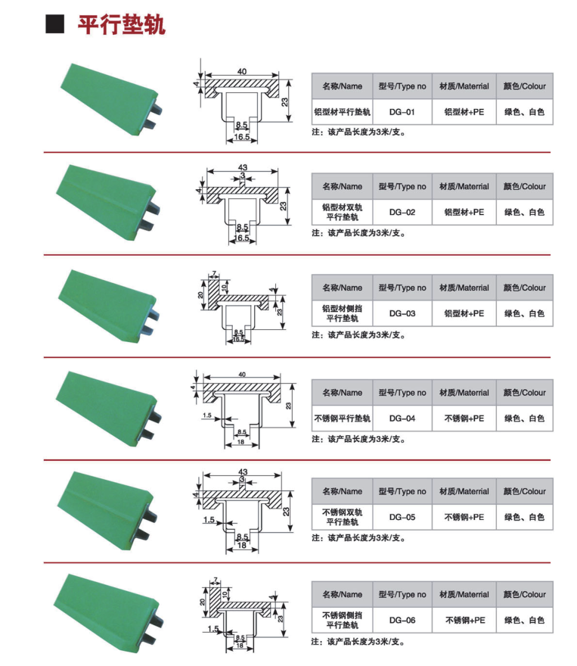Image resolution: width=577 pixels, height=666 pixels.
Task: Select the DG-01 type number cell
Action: pos(402,112)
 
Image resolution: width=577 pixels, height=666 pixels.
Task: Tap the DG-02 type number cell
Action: pos(402,212)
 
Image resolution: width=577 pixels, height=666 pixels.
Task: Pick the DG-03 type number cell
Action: pos(402,313)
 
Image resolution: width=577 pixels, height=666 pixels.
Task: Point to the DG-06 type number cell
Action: pos(402,620)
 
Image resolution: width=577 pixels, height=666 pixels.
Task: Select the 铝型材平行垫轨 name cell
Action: pos(342,112)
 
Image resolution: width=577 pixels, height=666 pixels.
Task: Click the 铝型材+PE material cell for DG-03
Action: pos(464,313)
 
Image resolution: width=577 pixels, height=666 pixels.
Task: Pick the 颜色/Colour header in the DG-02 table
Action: pos(524,186)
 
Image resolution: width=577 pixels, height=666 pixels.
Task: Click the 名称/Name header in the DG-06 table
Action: pos(342,594)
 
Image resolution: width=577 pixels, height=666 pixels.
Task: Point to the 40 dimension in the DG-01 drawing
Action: pos(242,71)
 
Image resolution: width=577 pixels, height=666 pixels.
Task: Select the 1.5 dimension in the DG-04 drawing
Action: pos(206,415)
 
